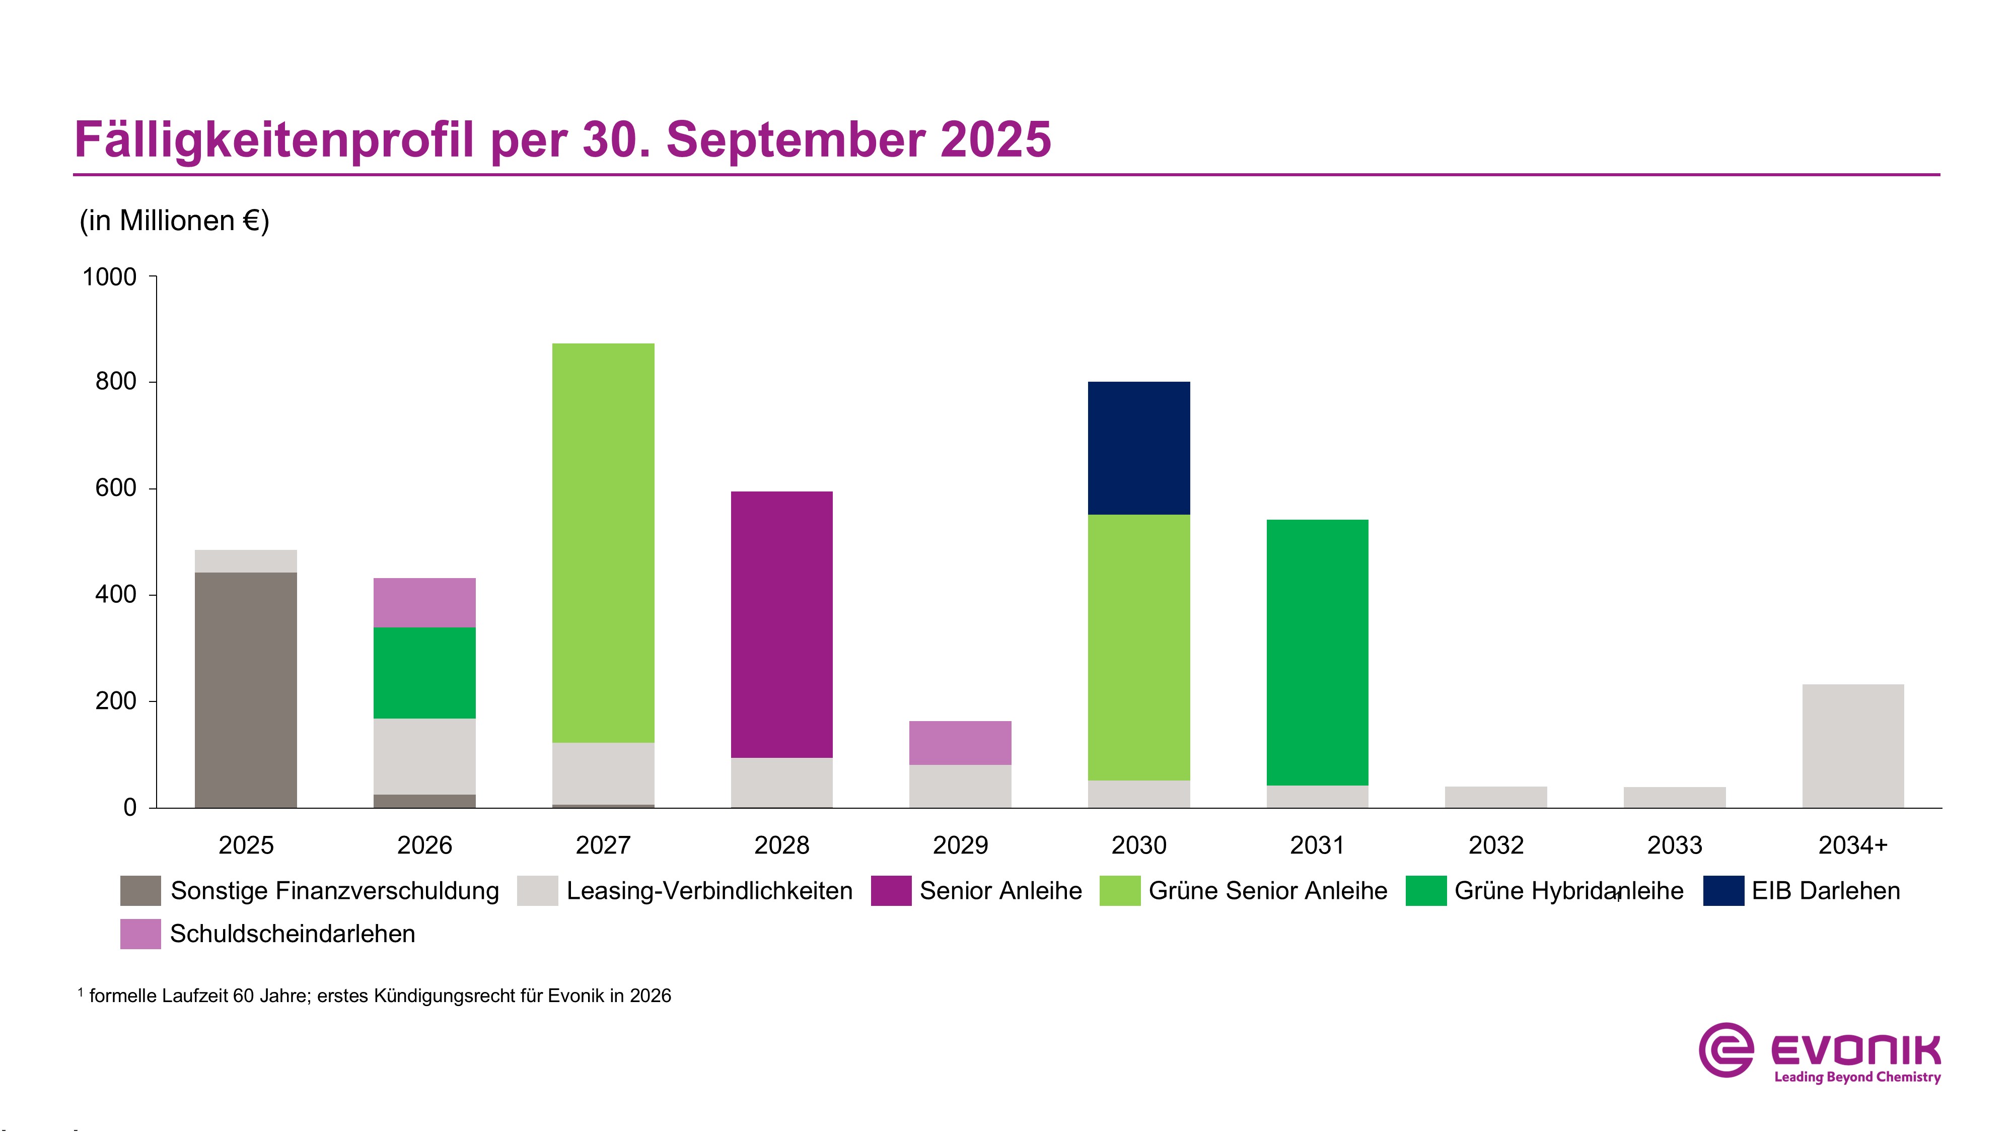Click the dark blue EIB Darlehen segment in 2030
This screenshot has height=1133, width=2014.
tap(1138, 448)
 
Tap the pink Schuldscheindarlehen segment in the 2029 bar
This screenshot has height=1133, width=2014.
tap(960, 743)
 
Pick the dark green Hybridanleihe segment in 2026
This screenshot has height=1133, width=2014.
tap(424, 672)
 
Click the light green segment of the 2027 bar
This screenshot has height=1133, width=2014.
tap(603, 543)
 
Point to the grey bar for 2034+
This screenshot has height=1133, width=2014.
tap(1852, 746)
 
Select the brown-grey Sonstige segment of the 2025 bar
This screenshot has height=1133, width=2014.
tap(246, 690)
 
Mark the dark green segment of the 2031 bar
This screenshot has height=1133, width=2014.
tap(1317, 652)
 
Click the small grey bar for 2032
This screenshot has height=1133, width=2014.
tap(1495, 797)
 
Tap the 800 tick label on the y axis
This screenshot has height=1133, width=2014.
tap(116, 382)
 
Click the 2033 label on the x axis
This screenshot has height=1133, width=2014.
tap(1674, 845)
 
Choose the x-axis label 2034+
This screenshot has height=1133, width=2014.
tap(1852, 845)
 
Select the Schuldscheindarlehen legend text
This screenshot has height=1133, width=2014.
tap(293, 934)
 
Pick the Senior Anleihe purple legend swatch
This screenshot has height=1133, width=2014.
tap(891, 891)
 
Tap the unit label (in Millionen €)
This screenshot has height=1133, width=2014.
tap(174, 221)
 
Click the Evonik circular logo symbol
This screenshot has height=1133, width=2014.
tap(1725, 1050)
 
